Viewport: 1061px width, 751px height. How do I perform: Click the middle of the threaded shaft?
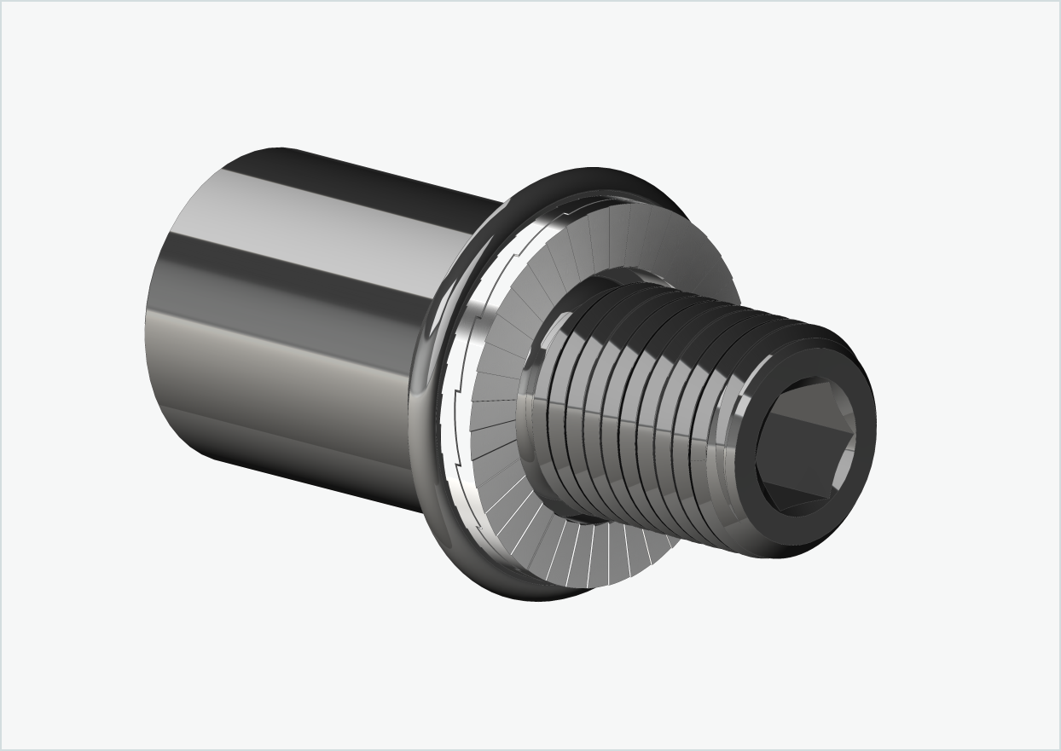point(648,409)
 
